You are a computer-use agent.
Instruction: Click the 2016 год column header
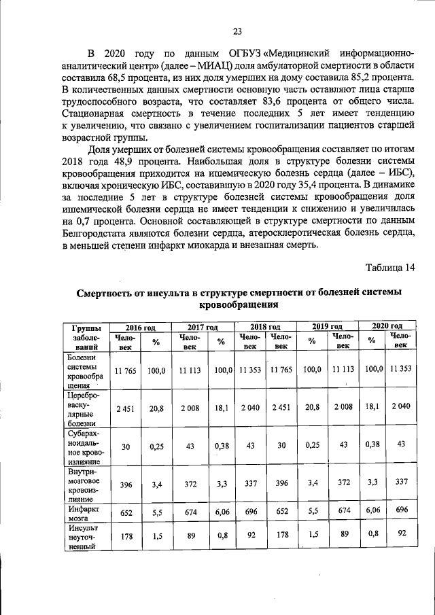click(x=140, y=327)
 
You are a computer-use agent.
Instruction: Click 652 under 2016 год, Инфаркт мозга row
click(x=125, y=512)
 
